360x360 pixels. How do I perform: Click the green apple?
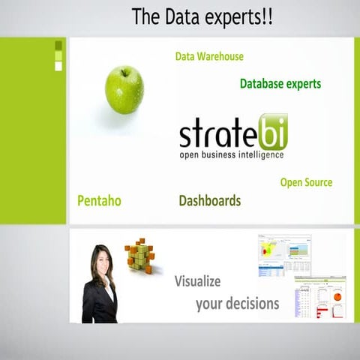coord(124,91)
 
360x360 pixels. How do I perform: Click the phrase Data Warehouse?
coord(209,56)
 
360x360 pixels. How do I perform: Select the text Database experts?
coord(280,84)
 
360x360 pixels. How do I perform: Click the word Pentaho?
coord(99,201)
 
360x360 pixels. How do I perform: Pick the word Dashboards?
coord(210,201)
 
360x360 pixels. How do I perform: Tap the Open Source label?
coord(306,182)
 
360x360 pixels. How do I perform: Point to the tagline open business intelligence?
coord(231,155)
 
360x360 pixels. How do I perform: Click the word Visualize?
coord(197,282)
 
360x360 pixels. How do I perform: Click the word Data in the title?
coord(176,16)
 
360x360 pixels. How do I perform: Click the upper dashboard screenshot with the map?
coord(285,255)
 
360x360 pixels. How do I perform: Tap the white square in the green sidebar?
coord(58,66)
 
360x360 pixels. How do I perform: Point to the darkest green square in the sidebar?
coord(58,45)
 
